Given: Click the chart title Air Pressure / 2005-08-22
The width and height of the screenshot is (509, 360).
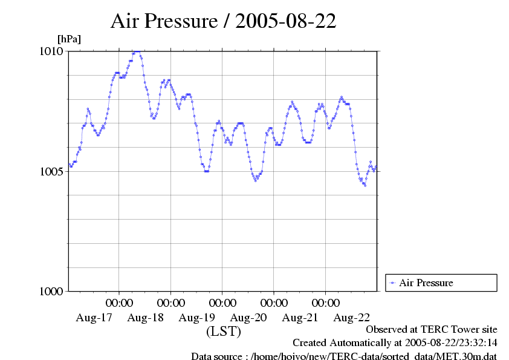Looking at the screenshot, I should coord(223,21).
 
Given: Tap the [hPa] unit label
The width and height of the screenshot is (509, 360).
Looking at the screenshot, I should coord(69,39).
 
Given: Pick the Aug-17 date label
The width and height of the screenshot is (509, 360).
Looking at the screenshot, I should coord(94,317).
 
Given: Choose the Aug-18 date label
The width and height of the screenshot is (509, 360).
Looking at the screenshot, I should coord(146,317).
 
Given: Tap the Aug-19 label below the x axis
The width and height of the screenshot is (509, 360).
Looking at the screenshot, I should coord(197,317).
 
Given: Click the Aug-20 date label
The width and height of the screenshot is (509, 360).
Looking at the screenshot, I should coord(249,317).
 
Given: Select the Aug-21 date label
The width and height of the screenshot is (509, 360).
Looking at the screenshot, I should coord(300,317).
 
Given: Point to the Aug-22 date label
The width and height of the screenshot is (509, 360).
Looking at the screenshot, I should coord(352,317).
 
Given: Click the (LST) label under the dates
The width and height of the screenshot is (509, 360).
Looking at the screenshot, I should coord(223,332).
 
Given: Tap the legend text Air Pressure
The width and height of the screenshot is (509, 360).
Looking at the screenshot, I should coord(426,283).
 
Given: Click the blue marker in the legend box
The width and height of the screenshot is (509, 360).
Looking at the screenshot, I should coord(393,283).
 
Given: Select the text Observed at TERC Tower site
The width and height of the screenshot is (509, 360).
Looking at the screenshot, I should coord(432,330).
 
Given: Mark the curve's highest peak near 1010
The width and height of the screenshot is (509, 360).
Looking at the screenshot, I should coord(137,52).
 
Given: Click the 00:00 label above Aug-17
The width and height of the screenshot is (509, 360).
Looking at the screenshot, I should coord(120,303).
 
